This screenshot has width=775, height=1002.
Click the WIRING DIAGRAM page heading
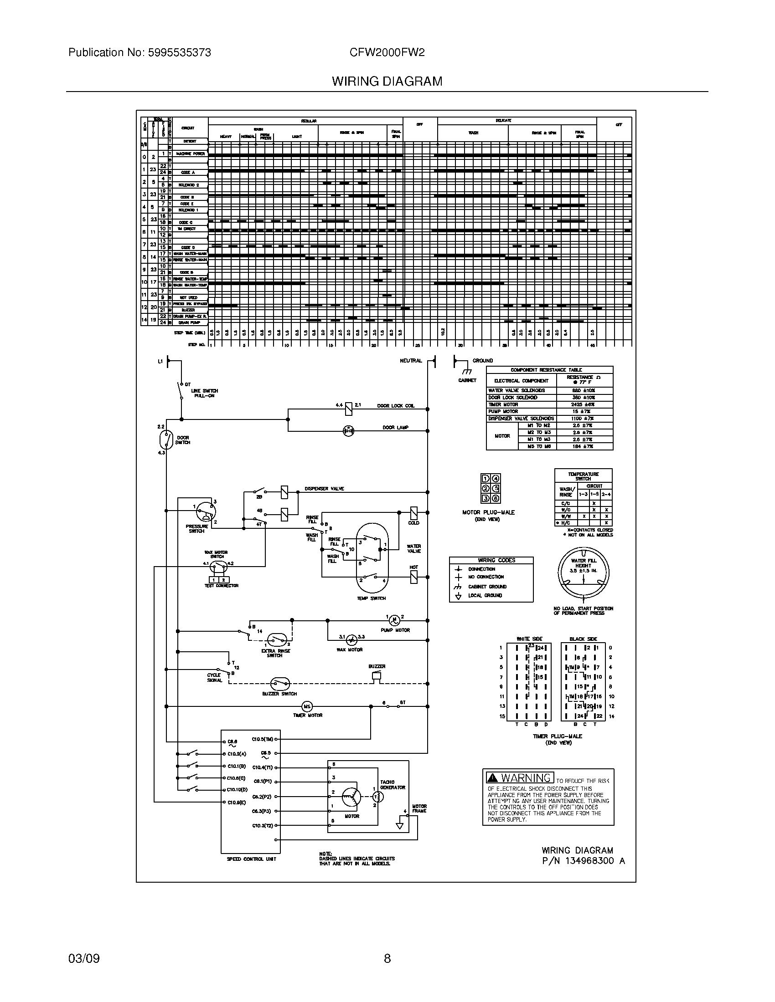click(387, 81)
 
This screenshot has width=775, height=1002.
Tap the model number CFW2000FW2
click(387, 52)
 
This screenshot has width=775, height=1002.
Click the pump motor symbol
click(394, 620)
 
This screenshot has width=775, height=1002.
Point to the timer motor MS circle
click(307, 706)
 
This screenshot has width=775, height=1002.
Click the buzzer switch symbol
click(280, 684)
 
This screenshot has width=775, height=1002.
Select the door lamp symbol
click(348, 431)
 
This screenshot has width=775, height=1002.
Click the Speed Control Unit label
click(251, 859)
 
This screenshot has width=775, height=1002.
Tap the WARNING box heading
click(520, 778)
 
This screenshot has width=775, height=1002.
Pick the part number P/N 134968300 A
click(583, 861)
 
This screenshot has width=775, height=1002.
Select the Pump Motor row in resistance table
click(549, 412)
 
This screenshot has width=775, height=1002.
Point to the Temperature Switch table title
click(583, 476)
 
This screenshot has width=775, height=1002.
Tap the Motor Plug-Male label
click(488, 512)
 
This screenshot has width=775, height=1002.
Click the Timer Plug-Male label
click(558, 736)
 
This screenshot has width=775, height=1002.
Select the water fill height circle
click(583, 573)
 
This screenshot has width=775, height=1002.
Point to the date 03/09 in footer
click(84, 959)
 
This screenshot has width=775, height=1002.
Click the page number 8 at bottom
click(387, 958)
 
